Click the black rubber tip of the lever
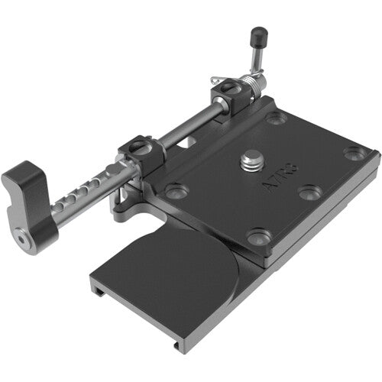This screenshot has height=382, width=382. tap(261, 34)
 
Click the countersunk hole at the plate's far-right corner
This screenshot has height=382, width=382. tap(353, 153)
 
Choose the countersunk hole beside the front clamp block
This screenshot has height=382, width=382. tap(176, 190)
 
